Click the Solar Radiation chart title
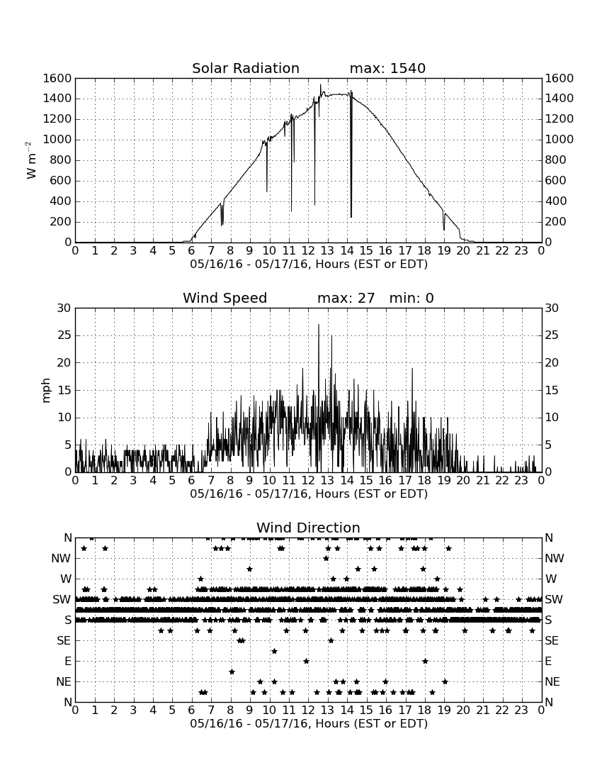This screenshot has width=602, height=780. pos(246,68)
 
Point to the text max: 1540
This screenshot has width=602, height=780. pos(387,68)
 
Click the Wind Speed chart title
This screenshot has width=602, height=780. pos(225,298)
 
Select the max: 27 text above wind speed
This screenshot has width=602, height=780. pos(346,298)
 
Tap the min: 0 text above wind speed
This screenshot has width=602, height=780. pos(411,298)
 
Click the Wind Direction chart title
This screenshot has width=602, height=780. pos(308,528)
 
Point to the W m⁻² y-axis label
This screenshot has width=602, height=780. pos(30,160)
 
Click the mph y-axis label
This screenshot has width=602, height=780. pos(46,391)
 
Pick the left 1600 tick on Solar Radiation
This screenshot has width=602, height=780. pos(57,78)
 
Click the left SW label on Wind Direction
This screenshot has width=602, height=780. pos(62,599)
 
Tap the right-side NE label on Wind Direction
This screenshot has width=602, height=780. pos(552,681)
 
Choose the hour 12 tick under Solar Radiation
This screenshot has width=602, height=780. pos(308,251)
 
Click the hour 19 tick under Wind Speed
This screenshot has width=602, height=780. pos(444,481)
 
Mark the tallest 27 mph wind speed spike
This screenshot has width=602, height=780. pos(319,325)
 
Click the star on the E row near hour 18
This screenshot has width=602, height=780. pos(425,661)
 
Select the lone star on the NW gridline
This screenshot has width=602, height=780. pos(326,559)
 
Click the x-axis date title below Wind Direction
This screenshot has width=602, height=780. pos(309,723)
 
